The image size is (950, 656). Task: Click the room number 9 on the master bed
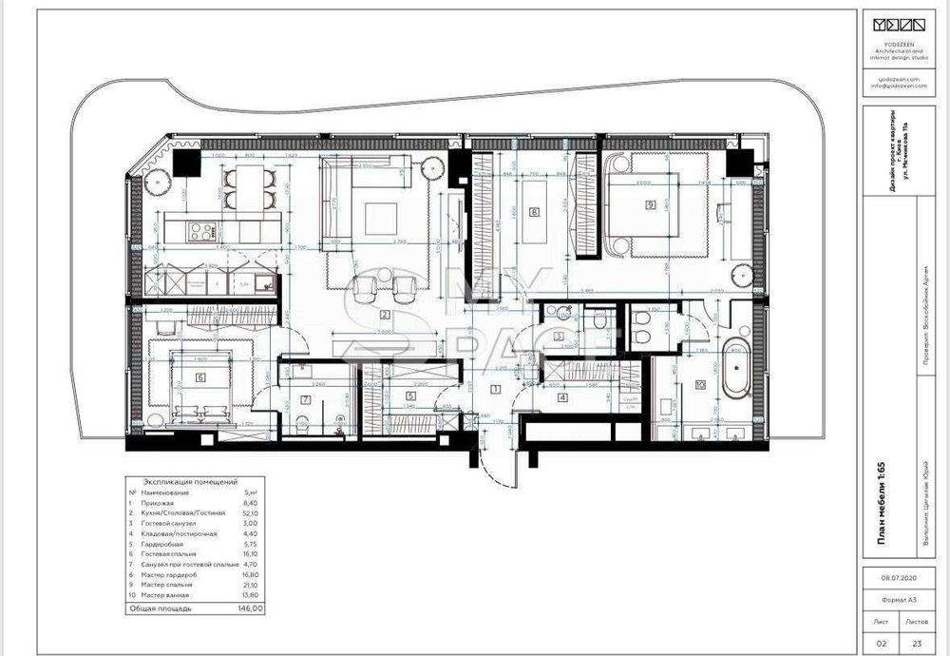(651, 203)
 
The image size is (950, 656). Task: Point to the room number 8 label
(535, 212)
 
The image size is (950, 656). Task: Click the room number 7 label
(305, 399)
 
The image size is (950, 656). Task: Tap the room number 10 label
(699, 384)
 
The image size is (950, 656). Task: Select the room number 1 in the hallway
(494, 388)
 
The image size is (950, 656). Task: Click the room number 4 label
(562, 397)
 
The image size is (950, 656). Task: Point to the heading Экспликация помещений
(190, 482)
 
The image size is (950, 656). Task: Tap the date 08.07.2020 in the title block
(897, 576)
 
